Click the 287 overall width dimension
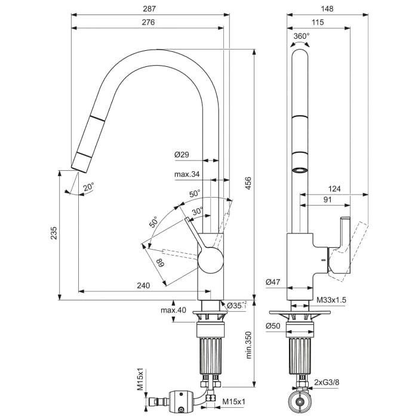tap(149, 9)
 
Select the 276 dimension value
tap(149, 22)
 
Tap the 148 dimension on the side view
tap(327, 9)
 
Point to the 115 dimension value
tap(318, 22)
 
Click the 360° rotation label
tap(302, 36)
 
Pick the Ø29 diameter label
tap(182, 155)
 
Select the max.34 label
tap(187, 174)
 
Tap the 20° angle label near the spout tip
tap(88, 187)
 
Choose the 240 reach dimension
tap(143, 285)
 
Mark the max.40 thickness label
tap(173, 310)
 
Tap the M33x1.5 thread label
tap(331, 300)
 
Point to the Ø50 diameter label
tap(273, 325)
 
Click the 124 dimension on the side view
tap(334, 189)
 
